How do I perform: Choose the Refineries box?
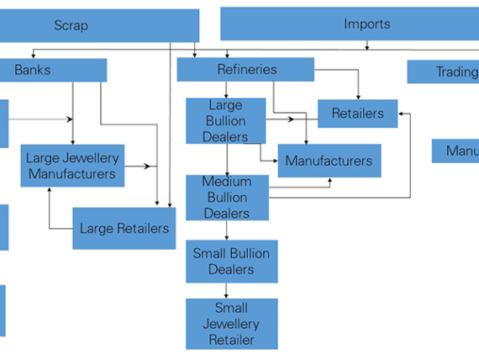pyautogui.click(x=245, y=70)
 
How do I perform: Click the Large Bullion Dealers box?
pyautogui.click(x=225, y=121)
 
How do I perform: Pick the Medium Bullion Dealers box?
pyautogui.click(x=226, y=198)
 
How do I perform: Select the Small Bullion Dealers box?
pyautogui.click(x=231, y=262)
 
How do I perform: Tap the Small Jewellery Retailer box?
pyautogui.click(x=231, y=324)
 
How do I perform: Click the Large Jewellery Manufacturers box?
pyautogui.click(x=72, y=166)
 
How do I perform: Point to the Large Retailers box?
pyautogui.click(x=124, y=228)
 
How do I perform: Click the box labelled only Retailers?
pyautogui.click(x=357, y=114)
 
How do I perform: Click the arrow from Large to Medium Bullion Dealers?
pyautogui.click(x=225, y=160)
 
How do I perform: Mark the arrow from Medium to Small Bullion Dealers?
pyautogui.click(x=225, y=230)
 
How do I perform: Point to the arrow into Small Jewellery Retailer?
pyautogui.click(x=225, y=291)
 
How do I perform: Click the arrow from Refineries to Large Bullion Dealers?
pyautogui.click(x=226, y=90)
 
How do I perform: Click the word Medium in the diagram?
pyautogui.click(x=226, y=183)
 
